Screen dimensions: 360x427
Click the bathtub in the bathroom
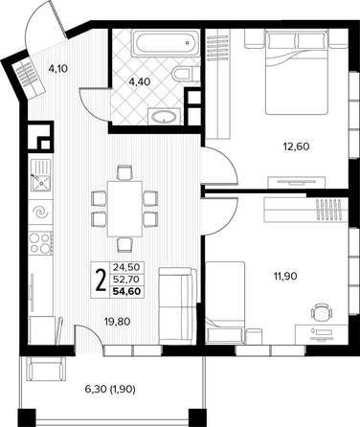166,43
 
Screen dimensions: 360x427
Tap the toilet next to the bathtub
186,74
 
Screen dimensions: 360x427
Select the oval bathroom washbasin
164,117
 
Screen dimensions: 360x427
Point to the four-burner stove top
41,243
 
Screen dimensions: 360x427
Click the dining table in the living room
124,209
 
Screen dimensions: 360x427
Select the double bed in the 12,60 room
297,72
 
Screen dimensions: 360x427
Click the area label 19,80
118,322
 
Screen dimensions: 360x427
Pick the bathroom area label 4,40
140,82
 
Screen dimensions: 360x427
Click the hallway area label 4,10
58,68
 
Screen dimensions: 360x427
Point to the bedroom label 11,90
284,276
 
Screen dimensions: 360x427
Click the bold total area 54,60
126,291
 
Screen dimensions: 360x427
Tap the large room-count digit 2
101,280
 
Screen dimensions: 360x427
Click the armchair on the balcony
46,369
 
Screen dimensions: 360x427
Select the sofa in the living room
177,306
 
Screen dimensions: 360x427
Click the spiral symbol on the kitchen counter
40,212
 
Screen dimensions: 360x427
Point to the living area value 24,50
126,267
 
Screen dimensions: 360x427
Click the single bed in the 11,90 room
225,303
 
